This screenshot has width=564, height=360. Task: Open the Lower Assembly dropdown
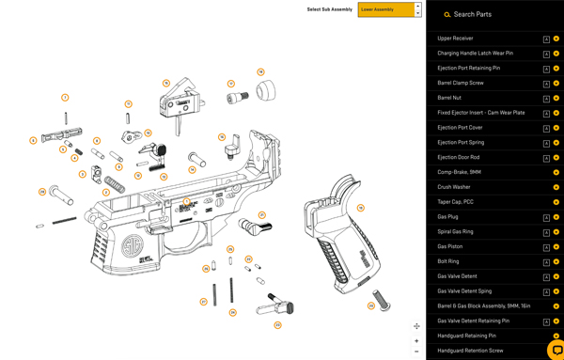click(389, 9)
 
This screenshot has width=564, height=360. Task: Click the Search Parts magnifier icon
click(447, 15)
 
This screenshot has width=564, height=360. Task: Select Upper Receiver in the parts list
click(456, 39)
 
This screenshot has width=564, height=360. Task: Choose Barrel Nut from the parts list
click(449, 98)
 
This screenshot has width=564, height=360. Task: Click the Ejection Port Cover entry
click(460, 128)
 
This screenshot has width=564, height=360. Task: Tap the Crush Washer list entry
click(454, 187)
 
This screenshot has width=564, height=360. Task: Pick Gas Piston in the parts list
click(451, 246)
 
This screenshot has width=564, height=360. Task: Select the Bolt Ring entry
click(448, 261)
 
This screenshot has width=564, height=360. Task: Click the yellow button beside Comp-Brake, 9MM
click(556, 172)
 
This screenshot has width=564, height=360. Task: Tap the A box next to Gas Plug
click(546, 217)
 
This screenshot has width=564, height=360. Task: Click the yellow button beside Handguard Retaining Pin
click(556, 336)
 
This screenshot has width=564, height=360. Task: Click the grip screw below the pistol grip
click(382, 301)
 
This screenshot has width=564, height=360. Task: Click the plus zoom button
click(416, 340)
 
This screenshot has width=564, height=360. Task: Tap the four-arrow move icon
click(416, 326)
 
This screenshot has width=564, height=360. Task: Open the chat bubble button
click(556, 350)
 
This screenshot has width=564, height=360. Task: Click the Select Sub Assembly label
click(329, 9)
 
